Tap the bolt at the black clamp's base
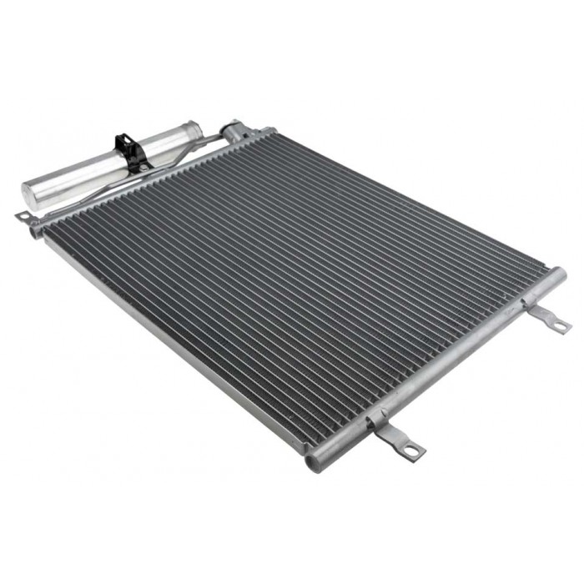click(x=143, y=168)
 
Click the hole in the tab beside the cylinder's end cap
click(x=23, y=218)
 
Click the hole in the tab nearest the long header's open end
click(x=412, y=451)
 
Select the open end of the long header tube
click(x=315, y=461)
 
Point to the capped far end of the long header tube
click(x=557, y=274)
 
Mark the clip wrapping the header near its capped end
click(x=528, y=302)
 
